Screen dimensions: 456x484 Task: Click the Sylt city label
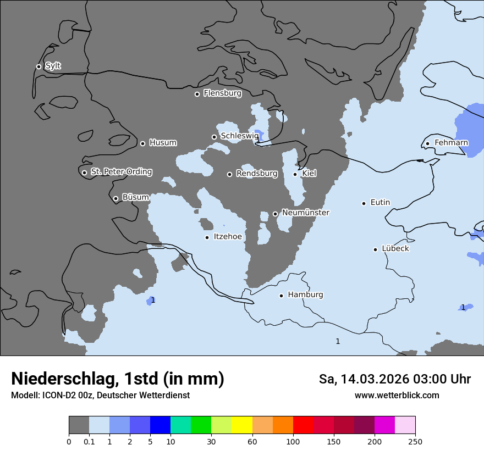pyautogui.click(x=53, y=66)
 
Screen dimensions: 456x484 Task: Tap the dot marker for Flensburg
pyautogui.click(x=197, y=94)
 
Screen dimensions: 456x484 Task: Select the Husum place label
pyautogui.click(x=163, y=143)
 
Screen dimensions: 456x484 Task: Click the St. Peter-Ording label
pyautogui.click(x=121, y=172)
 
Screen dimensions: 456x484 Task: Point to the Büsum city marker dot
pyautogui.click(x=116, y=198)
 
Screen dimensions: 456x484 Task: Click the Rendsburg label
pyautogui.click(x=257, y=174)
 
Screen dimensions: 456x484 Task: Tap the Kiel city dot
pyautogui.click(x=295, y=174)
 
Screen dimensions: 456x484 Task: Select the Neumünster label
pyautogui.click(x=305, y=213)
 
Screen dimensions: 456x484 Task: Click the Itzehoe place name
pyautogui.click(x=228, y=237)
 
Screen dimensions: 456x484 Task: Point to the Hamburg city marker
pyautogui.click(x=281, y=296)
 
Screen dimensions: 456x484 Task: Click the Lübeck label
pyautogui.click(x=395, y=248)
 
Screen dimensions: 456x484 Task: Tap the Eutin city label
pyautogui.click(x=380, y=203)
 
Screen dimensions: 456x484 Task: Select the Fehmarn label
pyautogui.click(x=451, y=143)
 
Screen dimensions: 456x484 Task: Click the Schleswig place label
pyautogui.click(x=239, y=136)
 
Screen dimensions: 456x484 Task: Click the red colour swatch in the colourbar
pyautogui.click(x=303, y=425)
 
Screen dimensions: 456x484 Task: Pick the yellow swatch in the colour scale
pyautogui.click(x=242, y=425)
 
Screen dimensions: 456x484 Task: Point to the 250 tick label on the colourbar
pyautogui.click(x=415, y=441)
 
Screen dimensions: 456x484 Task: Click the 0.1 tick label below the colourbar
pyautogui.click(x=89, y=441)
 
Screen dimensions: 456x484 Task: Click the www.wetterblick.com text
pyautogui.click(x=397, y=395)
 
